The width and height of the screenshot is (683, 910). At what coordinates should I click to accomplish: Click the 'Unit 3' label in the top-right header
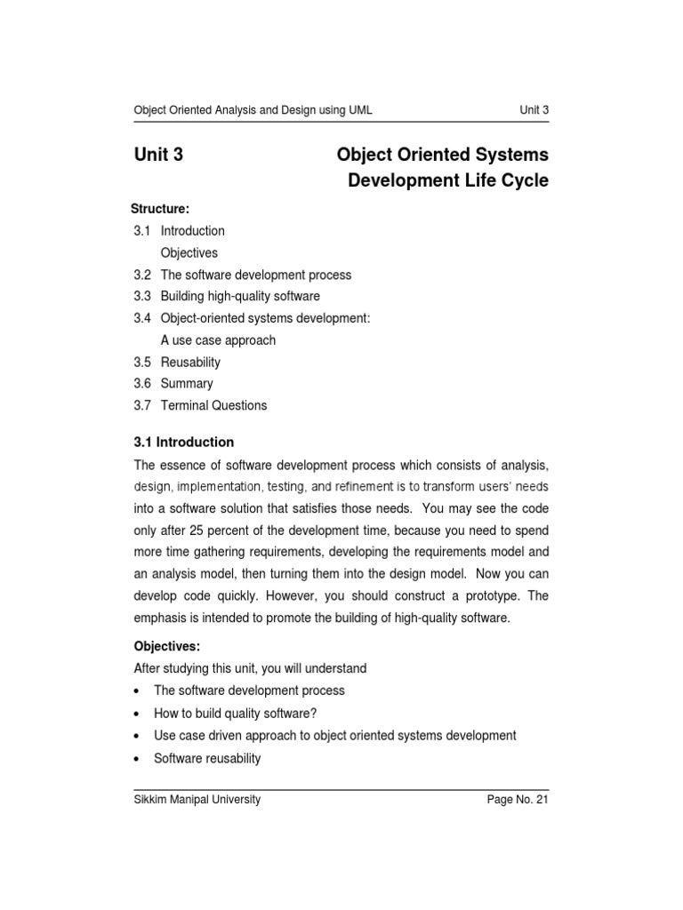tap(534, 110)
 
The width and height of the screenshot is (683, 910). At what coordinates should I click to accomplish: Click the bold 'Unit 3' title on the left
tap(158, 156)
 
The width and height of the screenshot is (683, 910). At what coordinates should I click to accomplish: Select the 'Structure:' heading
tap(160, 209)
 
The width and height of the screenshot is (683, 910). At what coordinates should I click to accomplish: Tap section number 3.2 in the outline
tap(142, 275)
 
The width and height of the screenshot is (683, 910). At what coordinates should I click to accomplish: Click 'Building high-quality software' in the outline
tap(240, 296)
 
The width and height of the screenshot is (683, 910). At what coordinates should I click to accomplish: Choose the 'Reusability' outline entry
tap(190, 363)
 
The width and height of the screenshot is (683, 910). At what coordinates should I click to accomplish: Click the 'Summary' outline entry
tap(187, 384)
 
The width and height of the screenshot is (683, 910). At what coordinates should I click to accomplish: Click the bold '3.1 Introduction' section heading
tap(184, 442)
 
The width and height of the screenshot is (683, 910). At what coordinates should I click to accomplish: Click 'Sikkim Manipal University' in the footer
tap(197, 800)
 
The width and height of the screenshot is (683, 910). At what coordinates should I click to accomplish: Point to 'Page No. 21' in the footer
tap(518, 800)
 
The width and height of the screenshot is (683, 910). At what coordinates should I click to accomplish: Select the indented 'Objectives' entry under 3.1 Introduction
tap(189, 253)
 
